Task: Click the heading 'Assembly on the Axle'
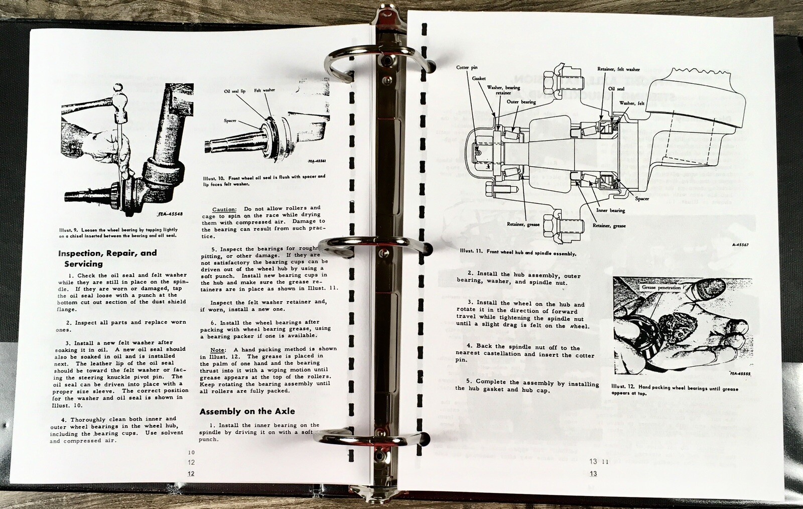[x=247, y=411]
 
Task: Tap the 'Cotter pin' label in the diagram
[x=467, y=67]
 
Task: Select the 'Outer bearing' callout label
[x=521, y=102]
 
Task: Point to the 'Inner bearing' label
[x=610, y=210]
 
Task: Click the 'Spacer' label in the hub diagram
[x=642, y=199]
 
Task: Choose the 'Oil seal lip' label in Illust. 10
[x=235, y=91]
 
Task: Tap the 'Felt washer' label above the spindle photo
[x=264, y=90]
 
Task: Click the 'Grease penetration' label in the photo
[x=661, y=288]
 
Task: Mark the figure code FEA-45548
[x=170, y=214]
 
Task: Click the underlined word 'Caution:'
[x=224, y=209]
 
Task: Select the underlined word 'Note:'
[x=218, y=349]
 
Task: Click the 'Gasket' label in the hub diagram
[x=479, y=78]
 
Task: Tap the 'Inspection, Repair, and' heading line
[x=107, y=253]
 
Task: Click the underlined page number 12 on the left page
[x=191, y=474]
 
